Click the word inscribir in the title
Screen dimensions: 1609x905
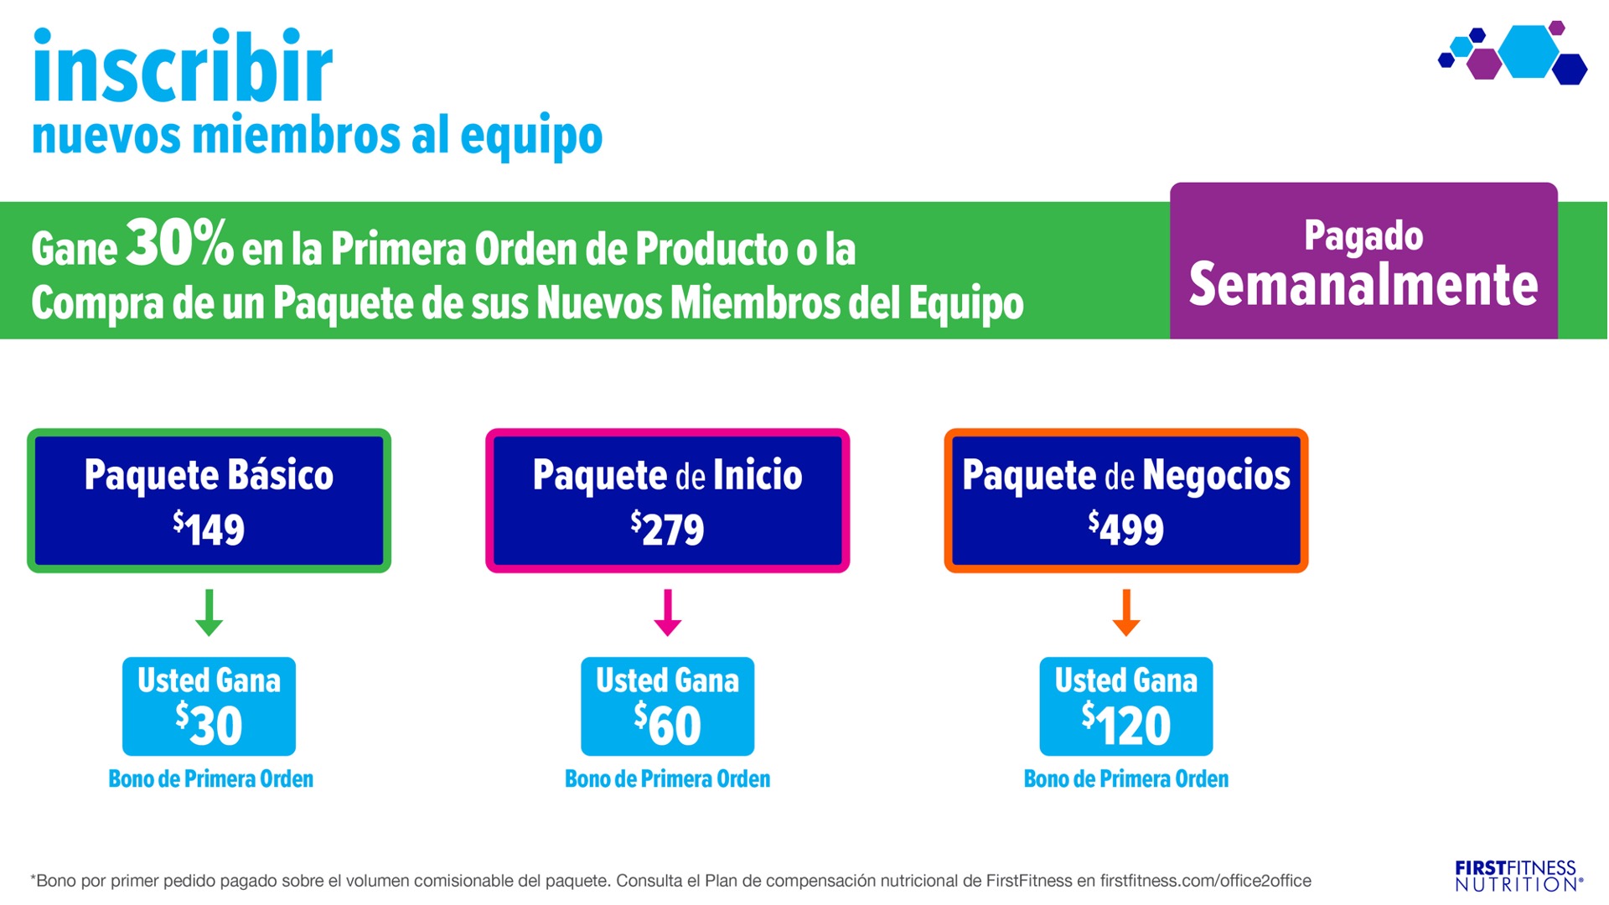(x=183, y=65)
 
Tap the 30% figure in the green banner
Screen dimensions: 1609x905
(x=179, y=243)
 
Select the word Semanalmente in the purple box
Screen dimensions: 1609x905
(x=1363, y=285)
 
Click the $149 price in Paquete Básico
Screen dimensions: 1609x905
(x=209, y=529)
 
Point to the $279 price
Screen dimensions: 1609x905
(x=667, y=529)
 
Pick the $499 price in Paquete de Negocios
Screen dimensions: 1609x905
(x=1125, y=529)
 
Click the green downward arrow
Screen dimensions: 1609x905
(x=209, y=613)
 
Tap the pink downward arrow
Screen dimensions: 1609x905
(x=667, y=613)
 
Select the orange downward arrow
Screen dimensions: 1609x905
(x=1125, y=613)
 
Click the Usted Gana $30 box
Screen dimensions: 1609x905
(x=209, y=706)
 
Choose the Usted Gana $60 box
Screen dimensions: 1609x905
(x=667, y=706)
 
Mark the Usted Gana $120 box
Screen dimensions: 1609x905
(x=1125, y=706)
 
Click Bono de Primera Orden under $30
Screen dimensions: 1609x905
(x=210, y=779)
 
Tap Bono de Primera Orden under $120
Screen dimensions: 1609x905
(x=1125, y=779)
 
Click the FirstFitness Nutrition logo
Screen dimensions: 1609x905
(x=1518, y=876)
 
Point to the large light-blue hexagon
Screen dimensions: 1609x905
(x=1529, y=52)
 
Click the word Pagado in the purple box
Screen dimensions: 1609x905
(x=1363, y=236)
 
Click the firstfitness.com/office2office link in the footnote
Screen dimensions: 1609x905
(x=1205, y=881)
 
